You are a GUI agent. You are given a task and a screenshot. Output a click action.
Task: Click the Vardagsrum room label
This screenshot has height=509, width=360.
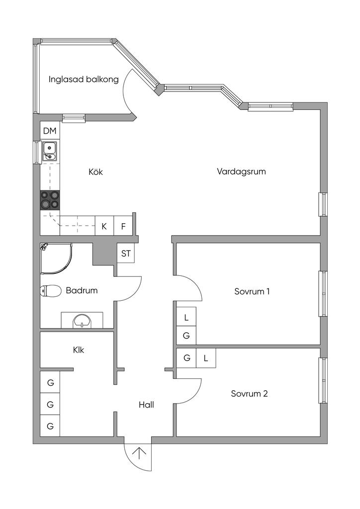241,171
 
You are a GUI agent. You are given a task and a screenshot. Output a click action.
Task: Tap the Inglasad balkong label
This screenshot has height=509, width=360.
84,79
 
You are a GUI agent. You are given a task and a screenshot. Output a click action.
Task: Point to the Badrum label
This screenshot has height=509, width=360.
82,290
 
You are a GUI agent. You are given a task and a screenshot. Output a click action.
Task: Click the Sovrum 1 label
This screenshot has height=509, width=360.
252,291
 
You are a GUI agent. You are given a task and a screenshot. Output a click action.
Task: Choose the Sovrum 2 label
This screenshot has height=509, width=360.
249,394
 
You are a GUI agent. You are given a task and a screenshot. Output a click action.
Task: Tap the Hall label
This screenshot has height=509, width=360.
146,405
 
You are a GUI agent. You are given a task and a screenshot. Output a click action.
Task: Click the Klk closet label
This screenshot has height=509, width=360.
78,350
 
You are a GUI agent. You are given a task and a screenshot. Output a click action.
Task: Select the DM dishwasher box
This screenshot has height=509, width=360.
50,131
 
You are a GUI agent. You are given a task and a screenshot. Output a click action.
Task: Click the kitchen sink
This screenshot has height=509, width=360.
50,150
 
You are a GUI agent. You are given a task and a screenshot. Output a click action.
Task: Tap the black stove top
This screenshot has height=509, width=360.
50,200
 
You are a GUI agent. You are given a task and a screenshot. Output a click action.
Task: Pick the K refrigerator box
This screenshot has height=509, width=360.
104,226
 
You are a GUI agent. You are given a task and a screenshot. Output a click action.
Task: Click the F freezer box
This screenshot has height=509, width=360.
123,226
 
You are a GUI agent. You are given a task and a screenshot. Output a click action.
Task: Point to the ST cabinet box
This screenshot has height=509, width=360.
126,254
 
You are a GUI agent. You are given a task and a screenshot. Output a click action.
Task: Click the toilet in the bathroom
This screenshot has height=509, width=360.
49,291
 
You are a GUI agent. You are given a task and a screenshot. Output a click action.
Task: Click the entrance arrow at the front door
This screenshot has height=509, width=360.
139,454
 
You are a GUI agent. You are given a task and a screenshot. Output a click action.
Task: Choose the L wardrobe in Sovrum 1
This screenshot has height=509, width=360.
186,317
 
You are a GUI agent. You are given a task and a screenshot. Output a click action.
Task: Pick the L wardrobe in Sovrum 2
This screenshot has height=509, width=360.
205,357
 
